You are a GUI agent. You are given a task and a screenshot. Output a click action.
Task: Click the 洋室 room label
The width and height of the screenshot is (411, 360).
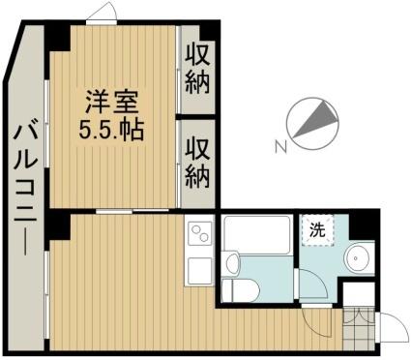coord(111,102)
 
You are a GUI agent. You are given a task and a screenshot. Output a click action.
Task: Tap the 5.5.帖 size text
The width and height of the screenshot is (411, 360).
coord(111,130)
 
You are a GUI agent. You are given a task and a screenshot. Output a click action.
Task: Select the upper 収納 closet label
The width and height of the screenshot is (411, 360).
coord(197,71)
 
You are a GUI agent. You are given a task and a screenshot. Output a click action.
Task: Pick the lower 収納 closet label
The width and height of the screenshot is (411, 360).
coord(197,165)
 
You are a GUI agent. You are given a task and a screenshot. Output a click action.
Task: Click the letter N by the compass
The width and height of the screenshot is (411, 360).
coord(281,147)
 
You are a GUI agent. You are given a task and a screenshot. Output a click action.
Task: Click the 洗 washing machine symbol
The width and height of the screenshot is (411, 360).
coord(317,230)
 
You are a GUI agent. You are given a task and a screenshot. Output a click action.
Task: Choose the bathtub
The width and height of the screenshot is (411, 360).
coord(257,234)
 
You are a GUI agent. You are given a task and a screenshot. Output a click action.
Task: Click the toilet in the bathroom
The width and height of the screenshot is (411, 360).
coord(241,289)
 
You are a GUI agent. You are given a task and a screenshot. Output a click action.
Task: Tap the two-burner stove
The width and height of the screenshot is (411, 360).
coord(199,233)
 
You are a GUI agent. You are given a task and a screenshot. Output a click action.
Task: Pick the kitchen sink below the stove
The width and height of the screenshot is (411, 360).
coord(199,271)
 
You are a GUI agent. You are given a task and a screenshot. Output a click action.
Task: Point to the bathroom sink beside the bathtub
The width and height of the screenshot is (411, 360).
coord(233,263)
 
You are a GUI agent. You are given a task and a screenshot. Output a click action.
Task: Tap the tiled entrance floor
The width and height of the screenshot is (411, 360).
coord(359,328)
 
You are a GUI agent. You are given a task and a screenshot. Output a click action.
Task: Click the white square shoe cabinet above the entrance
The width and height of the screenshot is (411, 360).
coord(359,295)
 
